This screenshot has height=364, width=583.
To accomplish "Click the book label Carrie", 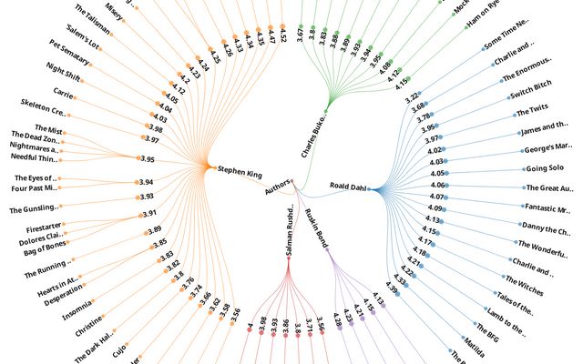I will [63, 93].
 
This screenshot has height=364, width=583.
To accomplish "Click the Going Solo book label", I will [543, 168].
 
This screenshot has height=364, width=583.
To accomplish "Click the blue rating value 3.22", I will [412, 96].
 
